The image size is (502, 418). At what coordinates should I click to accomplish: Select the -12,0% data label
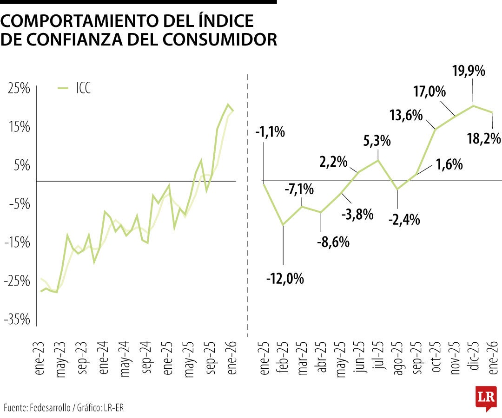[x=285, y=279]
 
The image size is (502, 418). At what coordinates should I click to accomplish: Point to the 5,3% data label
[x=377, y=140]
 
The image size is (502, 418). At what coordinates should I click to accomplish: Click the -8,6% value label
[x=333, y=242]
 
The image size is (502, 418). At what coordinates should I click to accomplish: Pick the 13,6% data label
[x=406, y=115]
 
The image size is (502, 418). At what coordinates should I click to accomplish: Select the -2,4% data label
[x=404, y=219]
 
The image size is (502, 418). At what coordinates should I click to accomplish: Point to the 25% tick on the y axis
[x=19, y=88]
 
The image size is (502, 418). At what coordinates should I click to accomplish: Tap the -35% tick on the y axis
[x=18, y=320]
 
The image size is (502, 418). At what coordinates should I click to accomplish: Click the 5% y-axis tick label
[x=21, y=165]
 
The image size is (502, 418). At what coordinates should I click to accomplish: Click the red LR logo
[x=486, y=397]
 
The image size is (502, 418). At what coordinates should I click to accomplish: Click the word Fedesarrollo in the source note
[x=51, y=408]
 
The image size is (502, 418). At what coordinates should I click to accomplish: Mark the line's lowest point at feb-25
[x=283, y=225]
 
